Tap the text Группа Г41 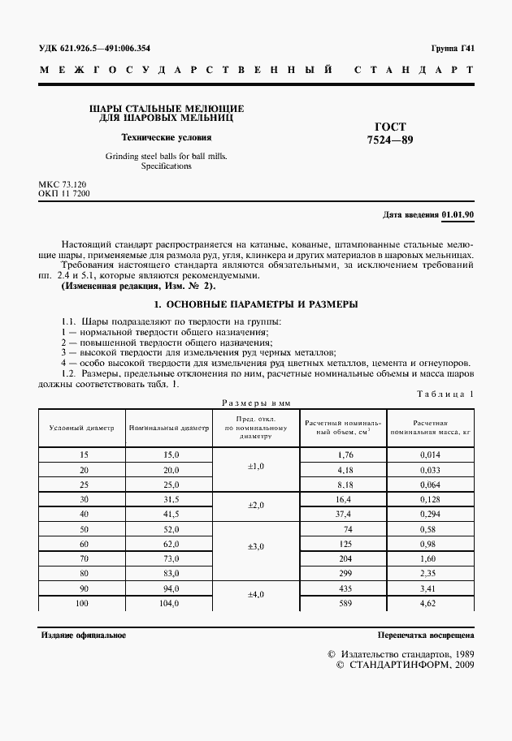click(453, 48)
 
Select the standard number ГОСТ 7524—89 click(389, 133)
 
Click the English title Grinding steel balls click(166, 160)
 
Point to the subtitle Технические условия click(166, 137)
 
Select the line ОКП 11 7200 click(64, 195)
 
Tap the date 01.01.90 click(458, 214)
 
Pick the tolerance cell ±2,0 click(256, 505)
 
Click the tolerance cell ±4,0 click(256, 594)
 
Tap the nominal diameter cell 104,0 click(169, 603)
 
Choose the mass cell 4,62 click(430, 603)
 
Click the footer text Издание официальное click(84, 635)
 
